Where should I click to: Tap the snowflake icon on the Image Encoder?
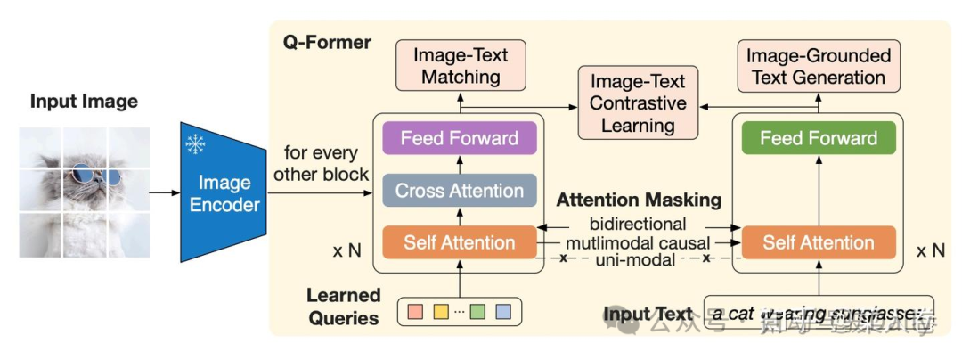194,144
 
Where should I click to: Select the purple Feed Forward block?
459,138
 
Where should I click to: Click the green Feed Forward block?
819,138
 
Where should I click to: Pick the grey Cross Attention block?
459,191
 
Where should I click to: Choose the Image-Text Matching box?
460,65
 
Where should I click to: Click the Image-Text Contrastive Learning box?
637,102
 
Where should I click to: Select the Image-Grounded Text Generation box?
818,66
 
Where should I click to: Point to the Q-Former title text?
327,42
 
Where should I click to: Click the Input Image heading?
84,101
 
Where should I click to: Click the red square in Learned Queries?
414,312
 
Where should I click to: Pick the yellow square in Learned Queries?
439,312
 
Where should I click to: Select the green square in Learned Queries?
477,312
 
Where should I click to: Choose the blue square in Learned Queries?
502,312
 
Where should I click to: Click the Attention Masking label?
638,200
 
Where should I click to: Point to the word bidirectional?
637,223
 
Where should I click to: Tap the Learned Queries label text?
344,306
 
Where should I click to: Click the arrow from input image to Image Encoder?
162,191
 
